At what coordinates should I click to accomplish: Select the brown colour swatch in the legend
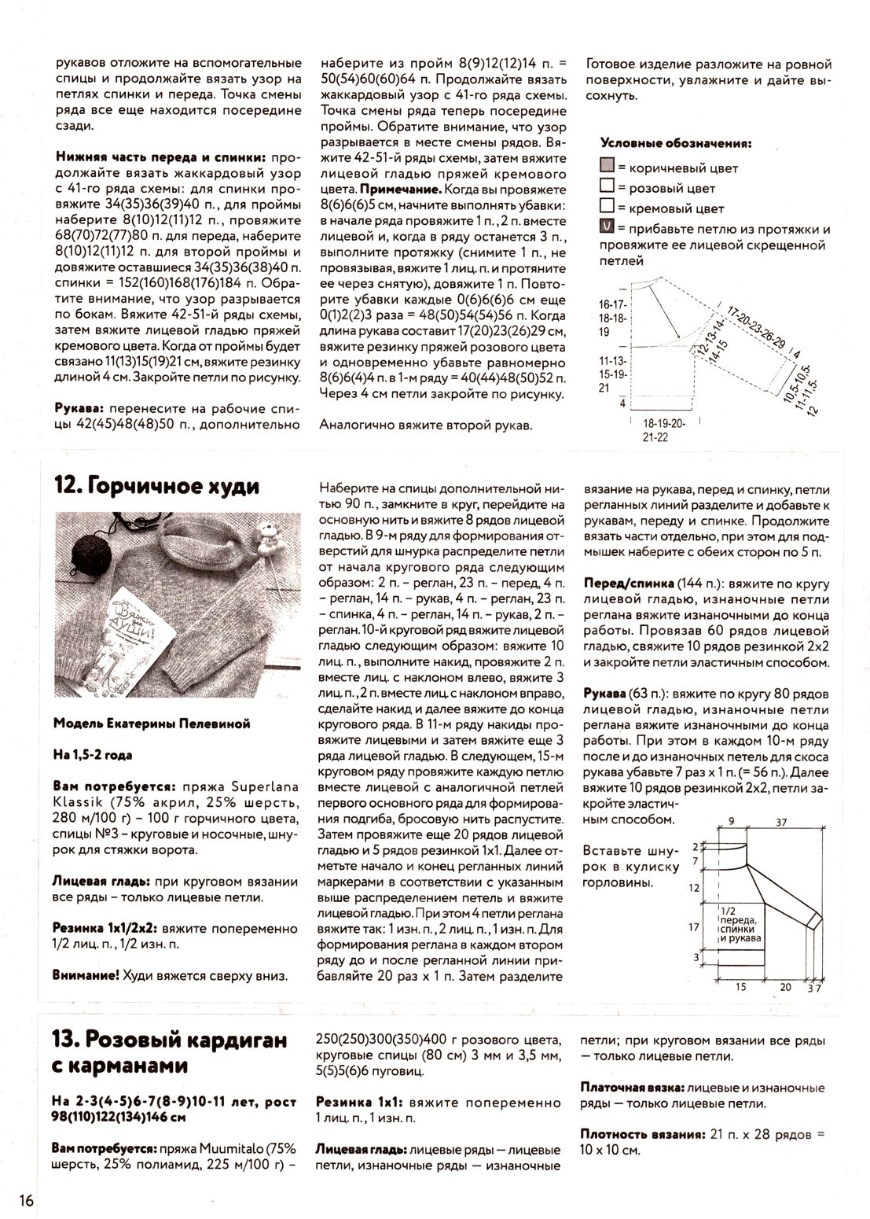coord(606,167)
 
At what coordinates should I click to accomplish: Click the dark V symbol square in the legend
coord(606,229)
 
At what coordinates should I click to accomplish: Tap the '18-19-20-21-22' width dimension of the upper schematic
coord(663,430)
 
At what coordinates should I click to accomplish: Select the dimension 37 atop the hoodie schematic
coord(782,822)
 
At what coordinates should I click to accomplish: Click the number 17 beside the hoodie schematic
coord(694,927)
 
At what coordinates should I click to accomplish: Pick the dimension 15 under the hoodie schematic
coord(740,987)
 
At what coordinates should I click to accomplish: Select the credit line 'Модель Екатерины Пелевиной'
coord(152,724)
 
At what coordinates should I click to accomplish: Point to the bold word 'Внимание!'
coord(86,975)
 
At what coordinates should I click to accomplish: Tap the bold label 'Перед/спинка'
coord(629,584)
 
